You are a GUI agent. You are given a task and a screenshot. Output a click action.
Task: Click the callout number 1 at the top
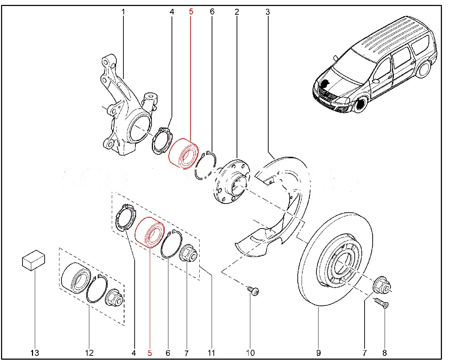point(123,12)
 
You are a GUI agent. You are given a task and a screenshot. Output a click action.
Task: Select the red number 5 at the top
point(191,12)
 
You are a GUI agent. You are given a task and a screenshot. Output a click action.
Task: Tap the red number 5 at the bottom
point(150,353)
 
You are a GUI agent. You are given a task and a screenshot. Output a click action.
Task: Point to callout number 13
point(35,353)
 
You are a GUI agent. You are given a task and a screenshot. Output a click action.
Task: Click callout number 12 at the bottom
point(89,353)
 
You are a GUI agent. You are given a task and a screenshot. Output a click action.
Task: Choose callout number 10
point(250,353)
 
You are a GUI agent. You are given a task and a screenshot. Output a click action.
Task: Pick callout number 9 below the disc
point(318,353)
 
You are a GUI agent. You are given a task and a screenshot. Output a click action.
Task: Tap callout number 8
point(385,353)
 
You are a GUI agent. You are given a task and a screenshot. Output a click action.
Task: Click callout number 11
point(211,353)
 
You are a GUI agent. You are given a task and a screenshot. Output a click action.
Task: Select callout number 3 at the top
point(268,12)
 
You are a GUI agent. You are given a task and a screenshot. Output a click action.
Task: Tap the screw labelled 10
point(253,291)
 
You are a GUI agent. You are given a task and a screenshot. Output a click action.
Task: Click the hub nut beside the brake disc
point(381,285)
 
